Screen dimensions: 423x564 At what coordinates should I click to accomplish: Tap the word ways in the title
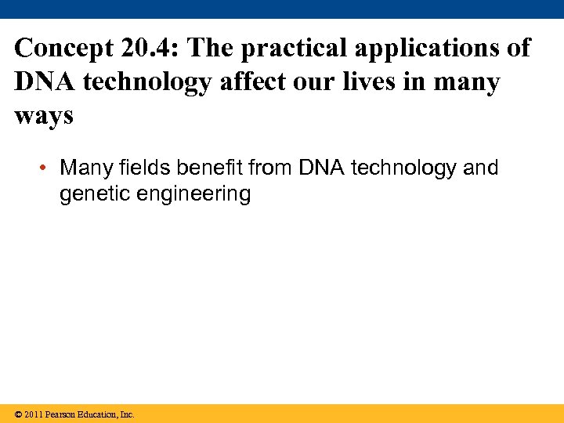[44, 116]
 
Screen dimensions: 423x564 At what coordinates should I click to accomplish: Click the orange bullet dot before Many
[46, 168]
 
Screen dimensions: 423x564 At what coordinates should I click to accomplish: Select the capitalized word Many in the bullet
[85, 168]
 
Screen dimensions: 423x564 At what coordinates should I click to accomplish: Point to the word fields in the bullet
[145, 168]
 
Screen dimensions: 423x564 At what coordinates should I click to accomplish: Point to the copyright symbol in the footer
[18, 414]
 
